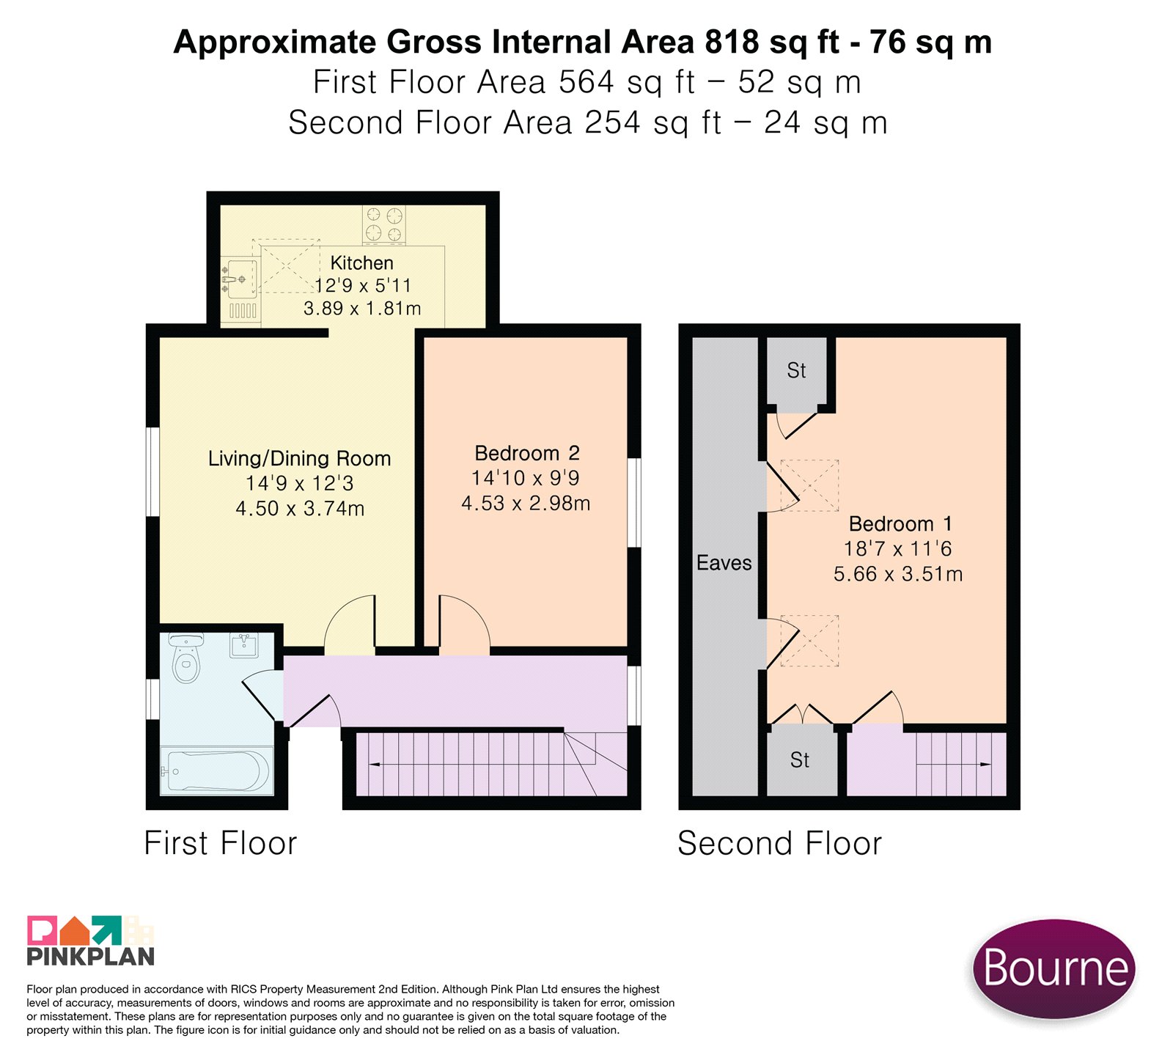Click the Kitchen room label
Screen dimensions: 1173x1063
coord(361,262)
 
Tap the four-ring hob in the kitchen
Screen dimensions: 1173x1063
coord(384,224)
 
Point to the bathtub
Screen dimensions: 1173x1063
coord(216,770)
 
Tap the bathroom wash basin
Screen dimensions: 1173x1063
coord(244,645)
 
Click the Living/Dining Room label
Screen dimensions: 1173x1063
coord(299,459)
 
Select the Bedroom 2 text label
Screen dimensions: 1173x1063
coord(527,453)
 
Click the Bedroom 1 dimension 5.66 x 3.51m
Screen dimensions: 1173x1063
coord(898,574)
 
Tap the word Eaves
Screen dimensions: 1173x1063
coord(724,563)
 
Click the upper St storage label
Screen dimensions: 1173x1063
coord(796,371)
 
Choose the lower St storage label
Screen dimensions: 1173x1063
coord(800,760)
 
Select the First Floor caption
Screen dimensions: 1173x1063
coord(221,843)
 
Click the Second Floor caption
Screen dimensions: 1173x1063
coord(780,843)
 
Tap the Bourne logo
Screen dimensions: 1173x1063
coord(1054,968)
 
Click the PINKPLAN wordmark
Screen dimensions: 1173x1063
coord(91,956)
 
